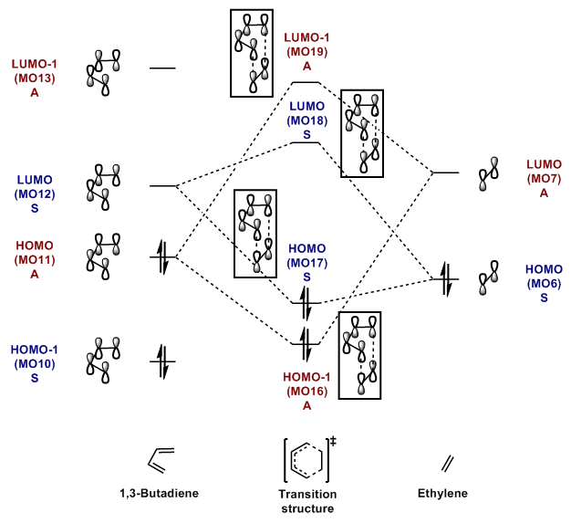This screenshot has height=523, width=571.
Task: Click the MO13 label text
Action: (x=35, y=78)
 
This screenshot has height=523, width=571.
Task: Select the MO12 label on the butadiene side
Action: (x=35, y=194)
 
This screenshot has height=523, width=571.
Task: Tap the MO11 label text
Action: (x=35, y=260)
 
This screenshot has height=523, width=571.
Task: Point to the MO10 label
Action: (x=35, y=364)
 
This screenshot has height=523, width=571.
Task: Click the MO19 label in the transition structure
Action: (x=307, y=52)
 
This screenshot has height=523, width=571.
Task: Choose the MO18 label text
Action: (x=307, y=120)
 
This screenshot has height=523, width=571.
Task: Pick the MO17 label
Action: (x=307, y=263)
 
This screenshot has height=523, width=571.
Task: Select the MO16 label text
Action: (x=307, y=392)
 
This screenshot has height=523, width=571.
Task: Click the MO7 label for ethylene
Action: (x=544, y=179)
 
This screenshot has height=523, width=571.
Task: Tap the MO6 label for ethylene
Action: (x=544, y=284)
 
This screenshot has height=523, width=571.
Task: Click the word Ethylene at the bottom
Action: (x=442, y=494)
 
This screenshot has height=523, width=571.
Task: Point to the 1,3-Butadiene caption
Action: (x=159, y=494)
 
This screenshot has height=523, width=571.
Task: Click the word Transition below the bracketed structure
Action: (x=307, y=494)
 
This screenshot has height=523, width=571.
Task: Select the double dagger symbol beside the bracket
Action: (x=333, y=442)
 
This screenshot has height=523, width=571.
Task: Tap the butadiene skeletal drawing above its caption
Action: (x=161, y=460)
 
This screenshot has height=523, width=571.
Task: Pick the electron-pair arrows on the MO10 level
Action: (x=162, y=362)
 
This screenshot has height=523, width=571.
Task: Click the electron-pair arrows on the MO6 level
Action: (x=446, y=279)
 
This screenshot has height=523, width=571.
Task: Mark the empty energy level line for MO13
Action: (x=162, y=68)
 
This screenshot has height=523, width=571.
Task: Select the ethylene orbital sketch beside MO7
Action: (x=488, y=174)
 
